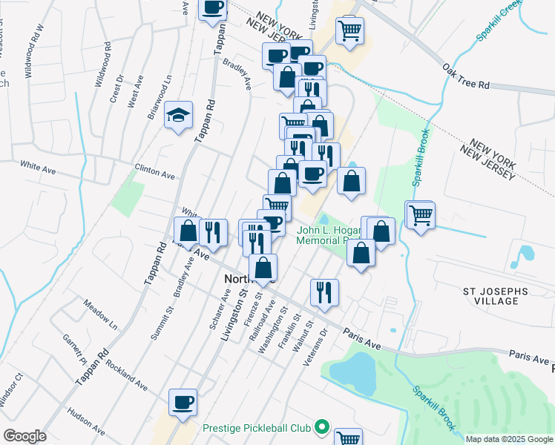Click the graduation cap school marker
(179, 115)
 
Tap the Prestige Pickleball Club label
(257, 428)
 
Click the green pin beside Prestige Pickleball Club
(321, 427)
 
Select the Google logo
(24, 436)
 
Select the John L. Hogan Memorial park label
(328, 235)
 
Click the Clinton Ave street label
(154, 172)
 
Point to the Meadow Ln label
(100, 315)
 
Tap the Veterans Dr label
(315, 347)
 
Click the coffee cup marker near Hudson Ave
(183, 401)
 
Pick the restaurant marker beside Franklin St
(324, 291)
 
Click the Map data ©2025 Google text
(508, 439)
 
